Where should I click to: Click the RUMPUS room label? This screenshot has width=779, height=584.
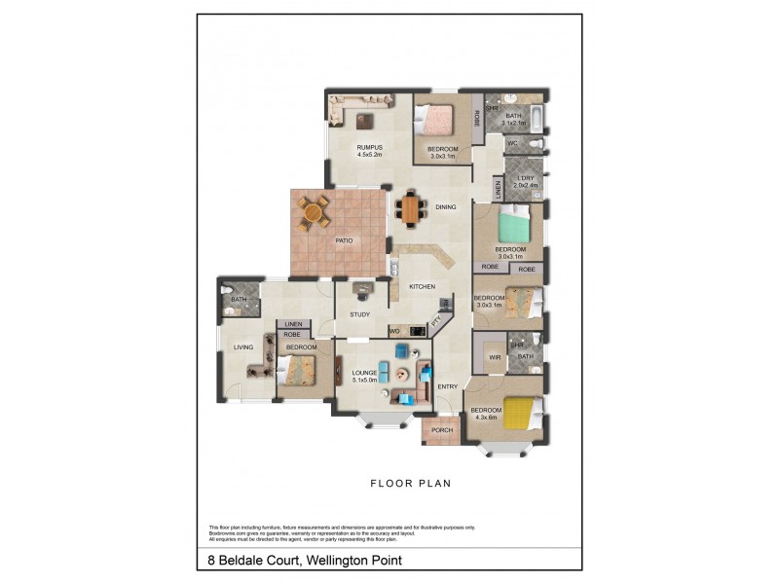(369, 147)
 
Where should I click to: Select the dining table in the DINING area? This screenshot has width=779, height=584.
(410, 209)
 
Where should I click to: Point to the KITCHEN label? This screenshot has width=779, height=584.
(422, 286)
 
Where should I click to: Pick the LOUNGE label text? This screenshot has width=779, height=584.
(365, 373)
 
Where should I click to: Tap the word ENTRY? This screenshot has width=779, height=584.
(448, 387)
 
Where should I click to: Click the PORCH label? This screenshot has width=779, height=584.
(441, 430)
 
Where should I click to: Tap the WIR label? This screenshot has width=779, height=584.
(494, 357)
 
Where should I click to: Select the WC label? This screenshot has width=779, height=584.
(511, 144)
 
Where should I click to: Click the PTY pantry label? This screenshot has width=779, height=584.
(437, 319)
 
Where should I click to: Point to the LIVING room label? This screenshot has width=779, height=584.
(243, 347)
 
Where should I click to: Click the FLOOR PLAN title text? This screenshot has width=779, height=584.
(409, 482)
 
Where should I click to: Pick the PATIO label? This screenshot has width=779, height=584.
(344, 240)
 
